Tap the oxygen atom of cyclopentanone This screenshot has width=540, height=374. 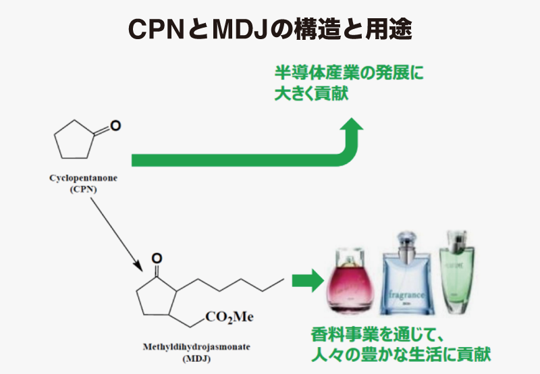click(115, 126)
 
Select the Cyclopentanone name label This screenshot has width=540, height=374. click(83, 178)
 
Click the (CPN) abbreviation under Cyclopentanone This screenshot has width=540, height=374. click(83, 190)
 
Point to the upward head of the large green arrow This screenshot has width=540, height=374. click(351, 125)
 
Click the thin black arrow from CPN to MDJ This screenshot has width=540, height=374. click(116, 234)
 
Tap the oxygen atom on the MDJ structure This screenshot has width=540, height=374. click(157, 259)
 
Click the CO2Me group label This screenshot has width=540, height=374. click(230, 317)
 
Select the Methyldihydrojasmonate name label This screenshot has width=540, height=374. click(196, 347)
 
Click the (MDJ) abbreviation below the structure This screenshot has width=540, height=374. click(196, 358)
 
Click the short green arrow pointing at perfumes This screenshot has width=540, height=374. click(308, 281)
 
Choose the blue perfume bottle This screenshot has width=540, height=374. click(406, 273)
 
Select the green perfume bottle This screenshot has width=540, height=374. click(457, 272)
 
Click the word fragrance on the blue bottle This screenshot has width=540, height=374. click(406, 294)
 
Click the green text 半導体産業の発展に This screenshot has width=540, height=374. click(349, 73)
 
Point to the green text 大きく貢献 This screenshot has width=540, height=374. click(311, 93)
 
